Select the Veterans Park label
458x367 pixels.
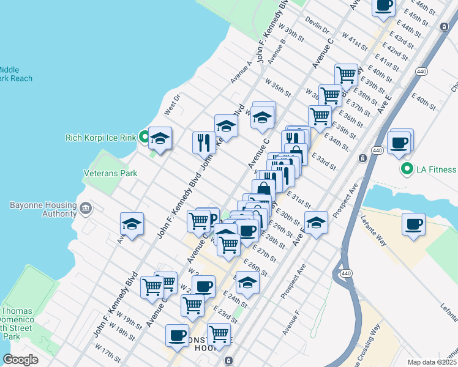102,173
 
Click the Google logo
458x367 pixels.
21,359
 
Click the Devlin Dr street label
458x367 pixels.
317,26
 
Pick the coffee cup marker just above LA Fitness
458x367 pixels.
399,143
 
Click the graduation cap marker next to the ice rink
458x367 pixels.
160,138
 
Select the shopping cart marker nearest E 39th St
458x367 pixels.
347,75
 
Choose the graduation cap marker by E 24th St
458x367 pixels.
247,282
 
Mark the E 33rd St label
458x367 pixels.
324,162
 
